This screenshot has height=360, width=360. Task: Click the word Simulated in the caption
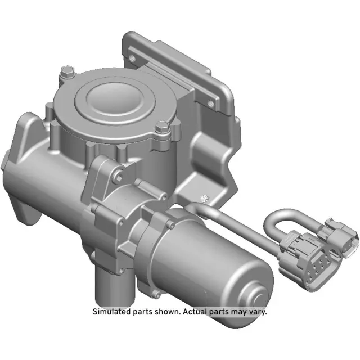click(110, 311)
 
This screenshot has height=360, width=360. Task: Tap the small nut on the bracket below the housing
click(205, 197)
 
